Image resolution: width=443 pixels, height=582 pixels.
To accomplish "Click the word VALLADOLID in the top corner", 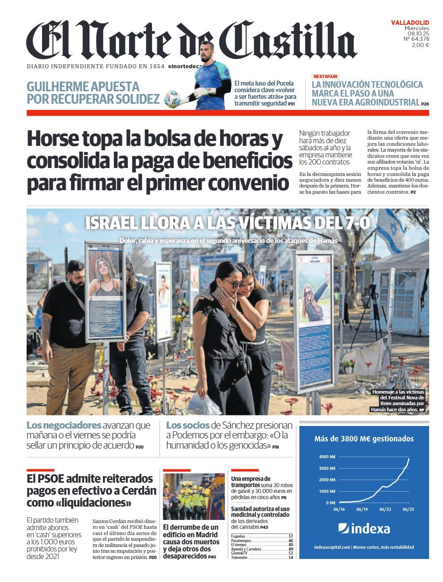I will pos(410,22).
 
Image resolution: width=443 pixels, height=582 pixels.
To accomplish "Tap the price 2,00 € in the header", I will pos(420,45).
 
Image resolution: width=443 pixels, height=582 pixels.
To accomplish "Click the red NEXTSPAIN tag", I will pos(325,76).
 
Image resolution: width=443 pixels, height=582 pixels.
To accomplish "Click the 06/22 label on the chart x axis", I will pos(385,510).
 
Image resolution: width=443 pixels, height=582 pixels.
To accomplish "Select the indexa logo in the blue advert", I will pos(364,528).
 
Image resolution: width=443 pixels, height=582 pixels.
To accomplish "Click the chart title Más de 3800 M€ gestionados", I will pos(364,439).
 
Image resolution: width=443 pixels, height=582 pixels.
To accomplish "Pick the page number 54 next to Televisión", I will pos(291,558).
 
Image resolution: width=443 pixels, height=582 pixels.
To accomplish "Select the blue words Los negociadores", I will pos(64,425).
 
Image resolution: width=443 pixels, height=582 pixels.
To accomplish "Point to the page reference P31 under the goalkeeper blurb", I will pos(291,104).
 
